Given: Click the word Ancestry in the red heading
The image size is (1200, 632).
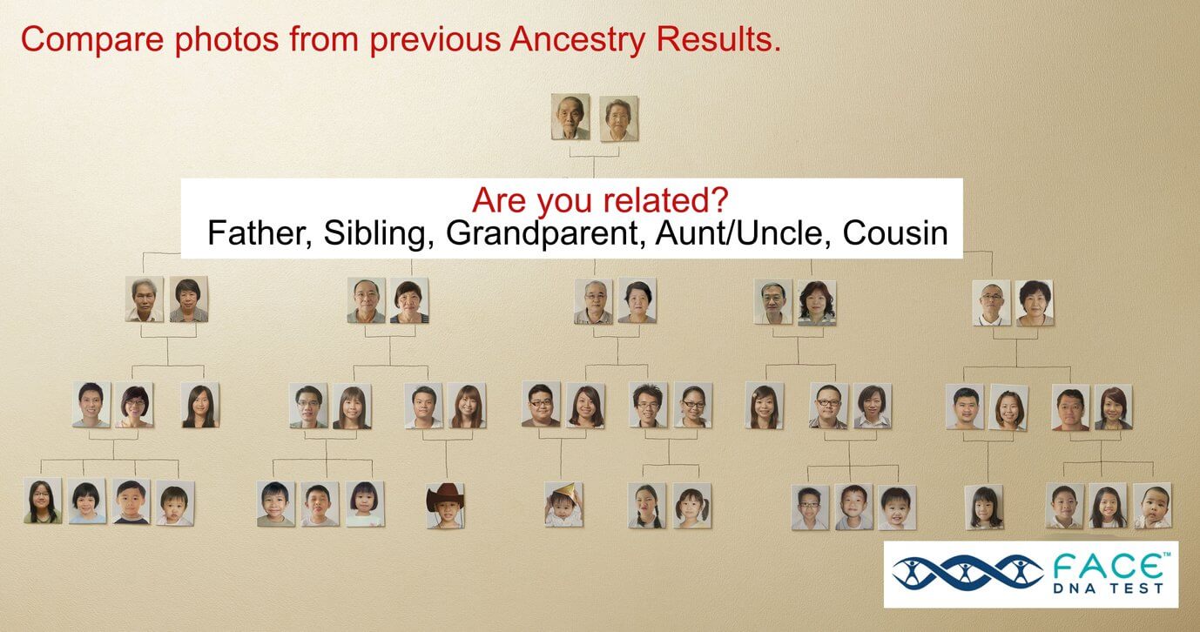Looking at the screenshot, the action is point(577,40).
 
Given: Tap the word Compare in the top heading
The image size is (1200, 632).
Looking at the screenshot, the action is point(92,40).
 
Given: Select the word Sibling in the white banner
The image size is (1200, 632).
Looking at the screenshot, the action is point(379,233).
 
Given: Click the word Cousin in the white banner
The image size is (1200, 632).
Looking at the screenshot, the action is point(895,233).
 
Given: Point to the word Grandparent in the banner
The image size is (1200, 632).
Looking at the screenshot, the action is point(546,233).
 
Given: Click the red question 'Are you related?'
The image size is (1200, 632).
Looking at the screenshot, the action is point(600,199).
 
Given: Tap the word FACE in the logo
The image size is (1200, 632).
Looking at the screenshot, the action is point(1109,566).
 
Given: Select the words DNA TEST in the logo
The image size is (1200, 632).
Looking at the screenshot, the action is point(1109,588).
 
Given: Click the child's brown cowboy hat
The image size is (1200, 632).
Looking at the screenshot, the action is point(445,496).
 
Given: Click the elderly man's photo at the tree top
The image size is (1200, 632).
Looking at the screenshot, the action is point(570,117).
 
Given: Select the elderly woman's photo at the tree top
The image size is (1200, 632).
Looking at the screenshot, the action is point(618,119).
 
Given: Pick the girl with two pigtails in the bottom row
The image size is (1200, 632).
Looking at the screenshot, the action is point(691,506).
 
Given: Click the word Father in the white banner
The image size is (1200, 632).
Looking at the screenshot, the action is point(260,233).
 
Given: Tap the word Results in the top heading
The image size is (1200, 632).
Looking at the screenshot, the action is point(718,39).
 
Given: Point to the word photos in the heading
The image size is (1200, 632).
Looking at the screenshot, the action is point(226,41).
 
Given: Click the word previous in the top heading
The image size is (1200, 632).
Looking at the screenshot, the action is point(435,41).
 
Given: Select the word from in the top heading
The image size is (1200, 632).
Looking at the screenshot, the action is point(324,40).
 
